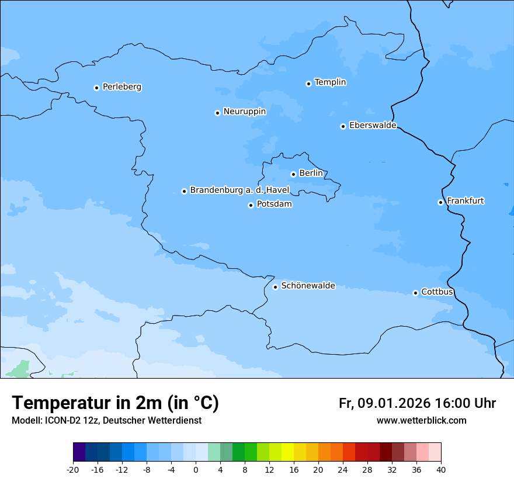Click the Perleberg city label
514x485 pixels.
(121, 87)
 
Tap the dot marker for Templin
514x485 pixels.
(308, 84)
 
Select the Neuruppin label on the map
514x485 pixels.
(244, 112)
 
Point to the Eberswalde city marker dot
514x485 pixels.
(343, 126)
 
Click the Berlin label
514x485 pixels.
(311, 174)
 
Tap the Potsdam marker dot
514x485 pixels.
(251, 205)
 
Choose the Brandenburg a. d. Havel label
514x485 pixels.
(239, 190)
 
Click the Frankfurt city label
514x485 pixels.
(465, 201)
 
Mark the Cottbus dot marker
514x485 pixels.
(415, 293)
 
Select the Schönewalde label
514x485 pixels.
(308, 286)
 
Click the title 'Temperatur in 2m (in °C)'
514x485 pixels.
(115, 403)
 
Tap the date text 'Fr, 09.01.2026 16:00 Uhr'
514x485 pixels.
(417, 403)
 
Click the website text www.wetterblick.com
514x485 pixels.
(421, 420)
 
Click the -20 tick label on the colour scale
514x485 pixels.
(73, 469)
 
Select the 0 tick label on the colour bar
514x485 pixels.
(196, 469)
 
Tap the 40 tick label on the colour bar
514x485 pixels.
(441, 469)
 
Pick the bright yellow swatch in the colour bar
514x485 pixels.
(287, 452)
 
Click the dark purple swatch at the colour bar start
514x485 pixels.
(79, 452)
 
